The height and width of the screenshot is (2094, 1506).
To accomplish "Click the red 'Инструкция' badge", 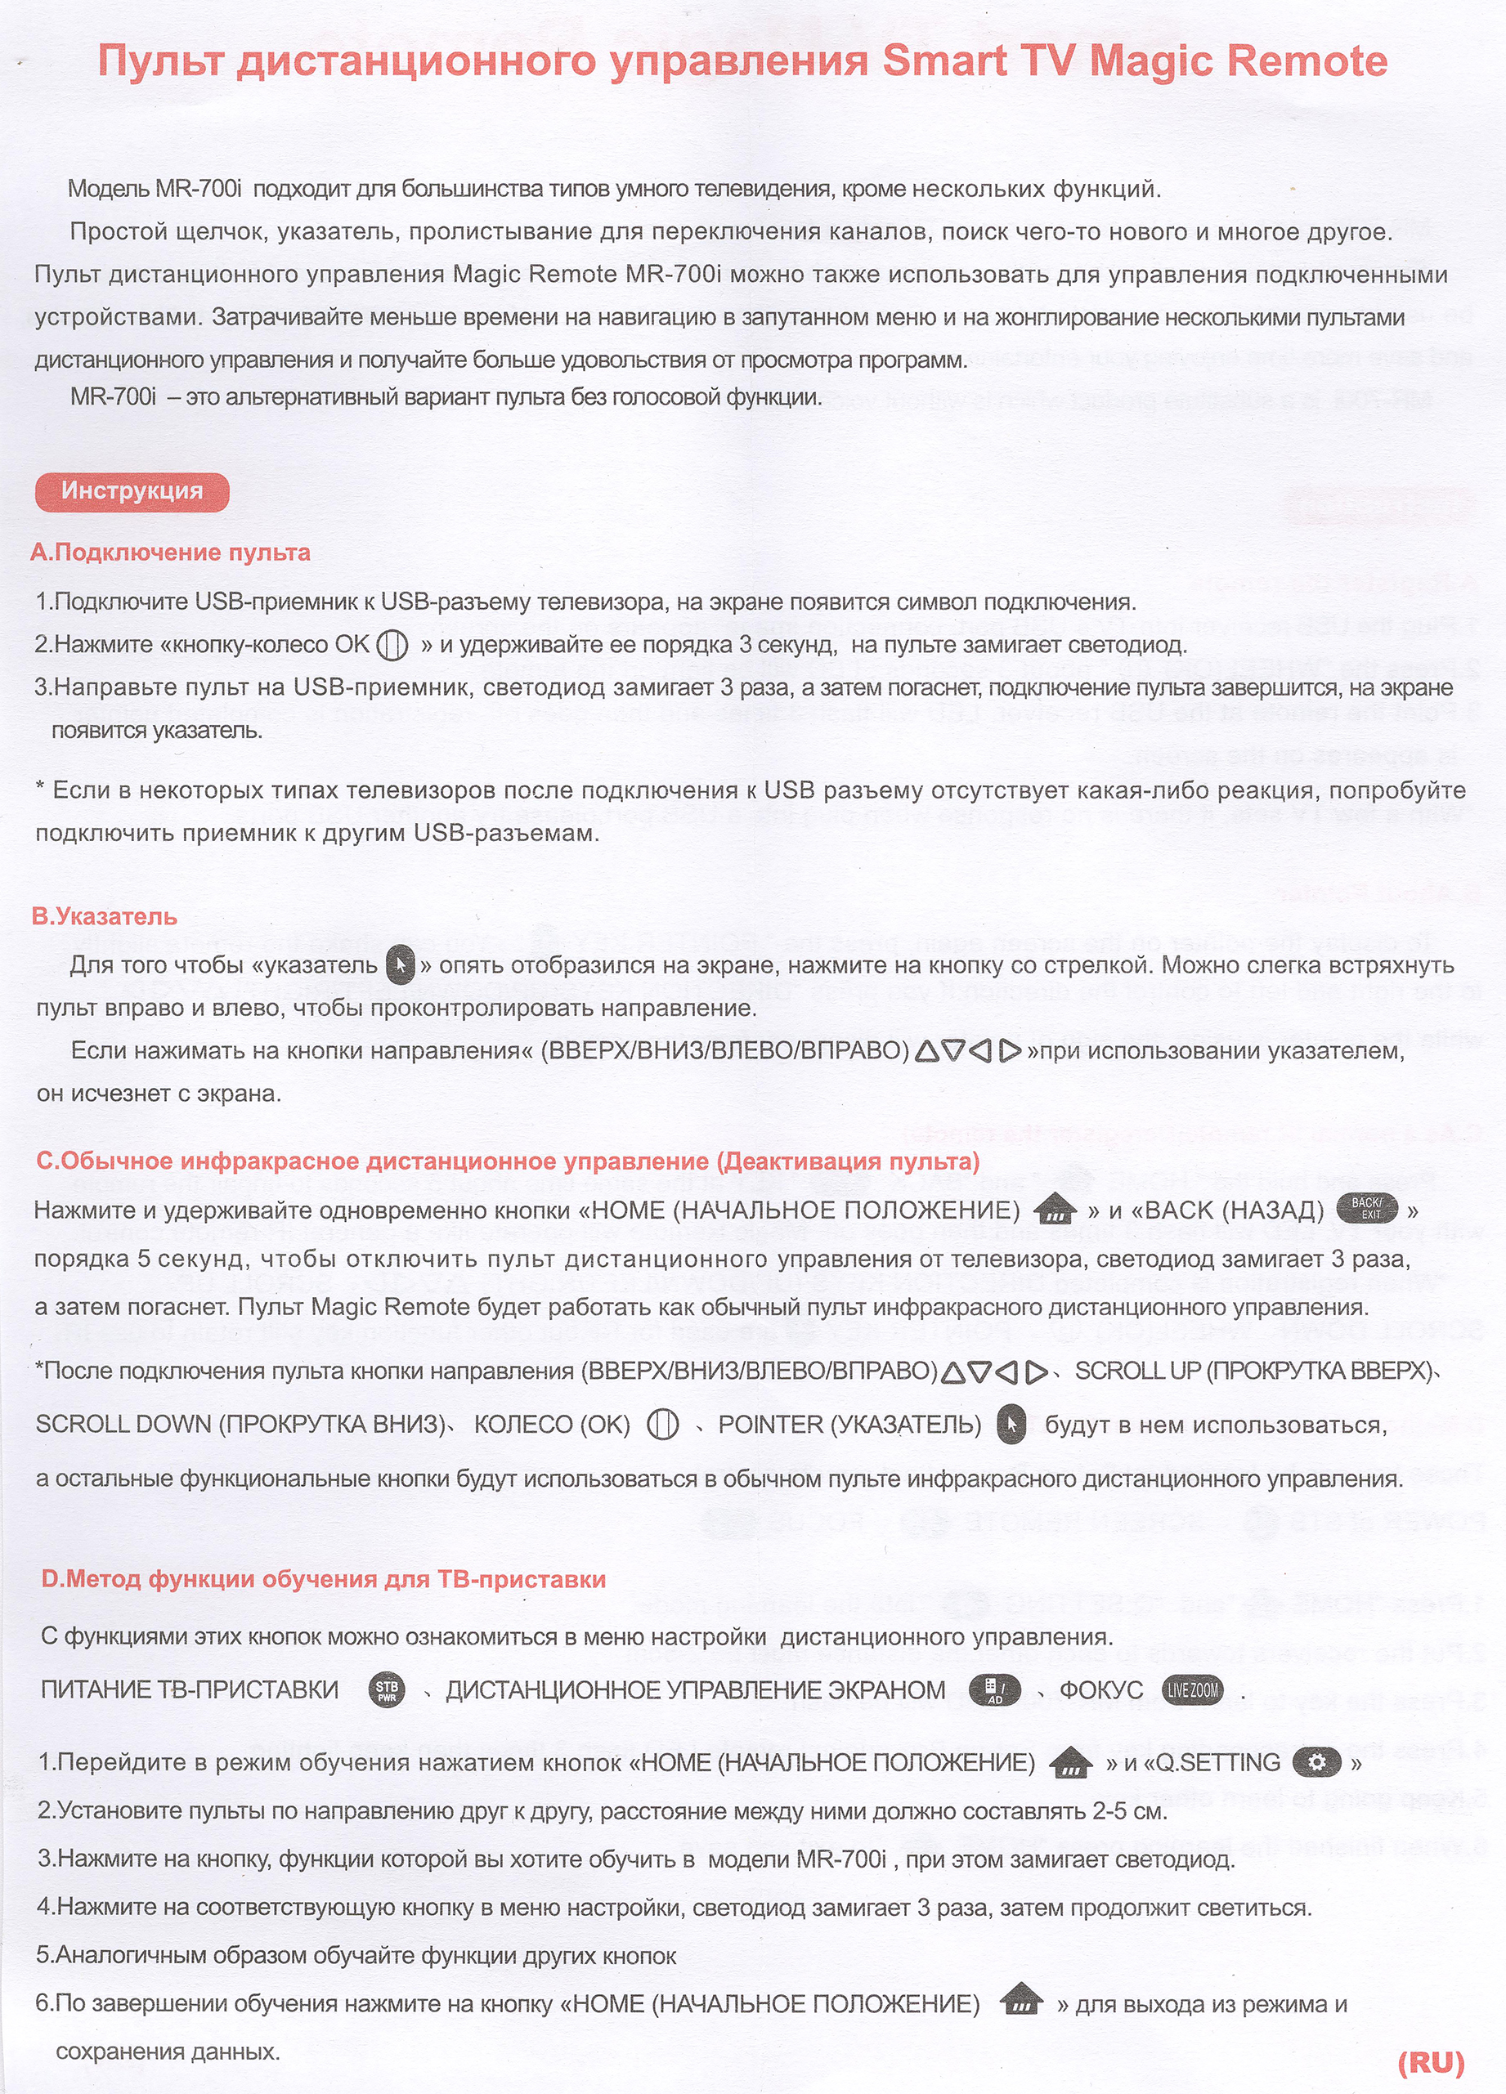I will (x=132, y=490).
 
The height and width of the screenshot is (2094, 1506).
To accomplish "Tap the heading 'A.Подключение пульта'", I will (x=170, y=553).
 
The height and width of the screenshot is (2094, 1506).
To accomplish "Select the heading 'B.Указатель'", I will (x=105, y=916).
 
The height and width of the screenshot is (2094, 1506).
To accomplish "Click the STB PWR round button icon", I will (x=387, y=1690).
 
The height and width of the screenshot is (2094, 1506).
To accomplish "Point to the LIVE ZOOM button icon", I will (x=1192, y=1690).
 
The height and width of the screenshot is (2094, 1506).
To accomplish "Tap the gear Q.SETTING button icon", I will (x=1316, y=1761).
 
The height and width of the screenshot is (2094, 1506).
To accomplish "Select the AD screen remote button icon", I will (x=994, y=1690).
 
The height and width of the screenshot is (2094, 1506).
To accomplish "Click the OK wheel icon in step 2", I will (x=392, y=644).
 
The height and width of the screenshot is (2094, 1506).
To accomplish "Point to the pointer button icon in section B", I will (x=400, y=966).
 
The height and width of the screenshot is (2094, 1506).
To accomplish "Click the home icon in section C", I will (x=1056, y=1210).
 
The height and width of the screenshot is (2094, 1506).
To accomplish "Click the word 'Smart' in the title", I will (x=943, y=61).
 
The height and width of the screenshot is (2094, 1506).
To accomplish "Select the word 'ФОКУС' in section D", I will (x=1101, y=1690).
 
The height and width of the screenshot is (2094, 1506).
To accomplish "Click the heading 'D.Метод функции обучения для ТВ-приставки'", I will (x=323, y=1579).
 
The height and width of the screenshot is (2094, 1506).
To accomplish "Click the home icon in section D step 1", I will (x=1071, y=1762).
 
